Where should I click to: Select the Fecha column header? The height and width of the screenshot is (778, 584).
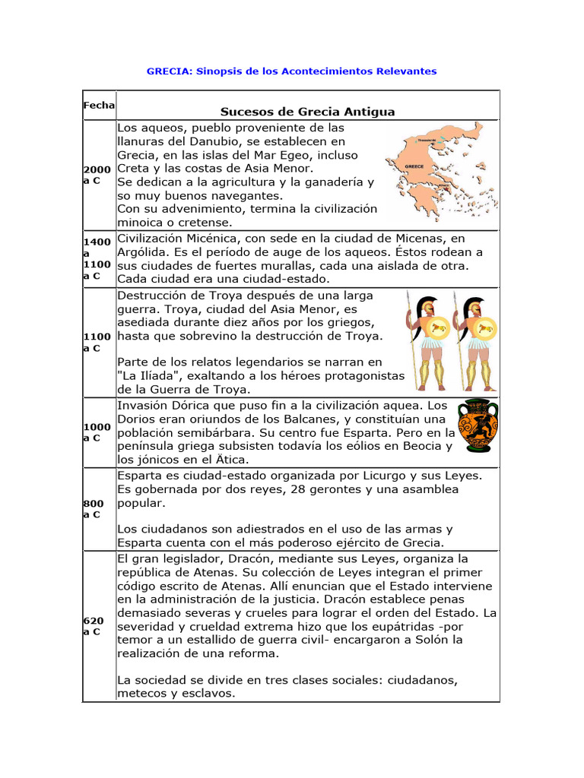coord(99,104)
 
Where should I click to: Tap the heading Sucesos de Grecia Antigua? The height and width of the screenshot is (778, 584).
coord(307,112)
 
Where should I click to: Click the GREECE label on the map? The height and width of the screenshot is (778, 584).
coord(414,165)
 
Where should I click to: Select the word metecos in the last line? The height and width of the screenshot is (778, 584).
coord(141,693)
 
